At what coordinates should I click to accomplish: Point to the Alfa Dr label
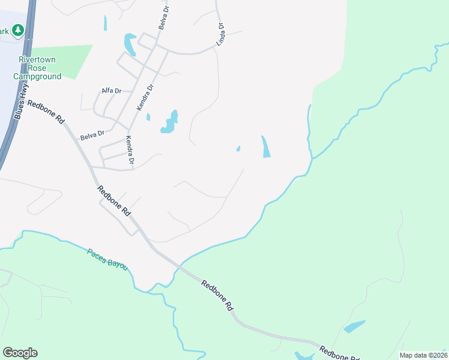point(112,91)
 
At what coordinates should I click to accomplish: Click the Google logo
point(20,353)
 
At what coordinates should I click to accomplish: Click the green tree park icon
point(19,29)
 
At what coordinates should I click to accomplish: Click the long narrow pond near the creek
point(265,147)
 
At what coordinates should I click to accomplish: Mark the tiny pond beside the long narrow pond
point(238,149)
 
